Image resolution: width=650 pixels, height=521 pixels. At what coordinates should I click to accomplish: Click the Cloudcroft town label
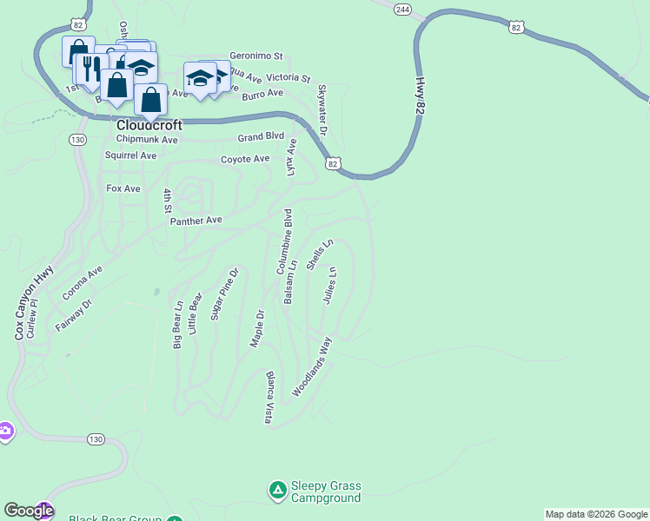[x=149, y=125]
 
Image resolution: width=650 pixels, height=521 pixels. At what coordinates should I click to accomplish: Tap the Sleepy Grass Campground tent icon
[x=277, y=491]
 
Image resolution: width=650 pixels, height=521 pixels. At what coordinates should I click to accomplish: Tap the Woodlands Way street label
[x=313, y=367]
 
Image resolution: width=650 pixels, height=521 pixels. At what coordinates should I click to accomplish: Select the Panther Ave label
[x=196, y=221]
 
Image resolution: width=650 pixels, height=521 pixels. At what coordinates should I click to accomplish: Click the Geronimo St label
[x=256, y=55]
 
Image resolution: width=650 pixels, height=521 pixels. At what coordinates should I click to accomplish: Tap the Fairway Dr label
[x=74, y=315]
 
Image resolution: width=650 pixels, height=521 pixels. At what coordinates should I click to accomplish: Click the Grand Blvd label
[x=261, y=137]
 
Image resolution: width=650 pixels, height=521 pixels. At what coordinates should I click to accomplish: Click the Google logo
[x=28, y=511]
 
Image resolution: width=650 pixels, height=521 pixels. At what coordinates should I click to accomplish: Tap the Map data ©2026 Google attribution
[x=596, y=514]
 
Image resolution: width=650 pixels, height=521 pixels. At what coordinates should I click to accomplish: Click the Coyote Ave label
[x=245, y=160]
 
